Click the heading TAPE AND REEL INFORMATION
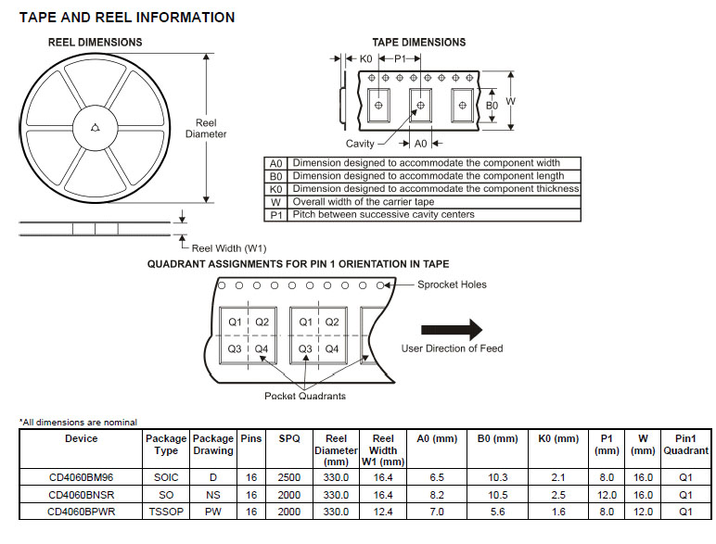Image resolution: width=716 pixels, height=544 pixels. [x=127, y=18]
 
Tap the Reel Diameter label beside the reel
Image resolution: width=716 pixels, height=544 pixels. [x=206, y=128]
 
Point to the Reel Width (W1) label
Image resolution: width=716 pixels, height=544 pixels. [x=229, y=248]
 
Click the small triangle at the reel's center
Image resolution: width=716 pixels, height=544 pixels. [x=96, y=128]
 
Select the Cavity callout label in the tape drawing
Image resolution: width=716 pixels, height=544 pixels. [x=360, y=144]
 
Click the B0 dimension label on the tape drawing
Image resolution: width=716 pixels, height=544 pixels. [x=492, y=106]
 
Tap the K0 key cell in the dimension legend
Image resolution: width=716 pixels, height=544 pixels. [x=275, y=188]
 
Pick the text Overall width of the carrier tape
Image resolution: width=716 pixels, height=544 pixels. [x=363, y=201]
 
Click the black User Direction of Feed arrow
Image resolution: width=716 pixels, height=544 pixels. [x=452, y=329]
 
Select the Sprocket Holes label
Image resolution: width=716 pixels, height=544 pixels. [x=452, y=285]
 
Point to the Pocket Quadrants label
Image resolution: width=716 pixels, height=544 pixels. [x=305, y=396]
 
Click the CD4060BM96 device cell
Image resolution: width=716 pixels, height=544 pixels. [x=82, y=477]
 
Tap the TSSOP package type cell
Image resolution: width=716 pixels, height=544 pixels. [x=166, y=511]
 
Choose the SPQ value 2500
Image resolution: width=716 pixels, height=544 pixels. [x=289, y=477]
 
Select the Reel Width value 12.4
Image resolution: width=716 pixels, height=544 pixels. [x=383, y=511]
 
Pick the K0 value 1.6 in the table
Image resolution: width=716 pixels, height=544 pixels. [x=557, y=511]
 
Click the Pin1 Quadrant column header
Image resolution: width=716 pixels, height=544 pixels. [x=685, y=444]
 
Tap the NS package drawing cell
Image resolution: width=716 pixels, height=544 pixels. [x=212, y=494]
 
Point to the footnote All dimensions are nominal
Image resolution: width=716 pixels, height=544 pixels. [x=79, y=423]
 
